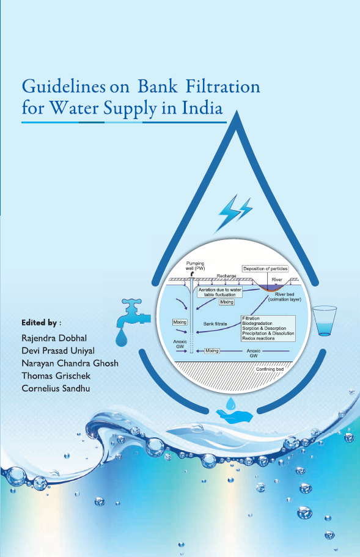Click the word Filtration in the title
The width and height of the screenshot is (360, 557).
point(223,86)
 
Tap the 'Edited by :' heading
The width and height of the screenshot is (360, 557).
point(41,322)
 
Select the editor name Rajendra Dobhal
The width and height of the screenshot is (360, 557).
point(54,338)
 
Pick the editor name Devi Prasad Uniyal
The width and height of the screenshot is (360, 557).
point(58,351)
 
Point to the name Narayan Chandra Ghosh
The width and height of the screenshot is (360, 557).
point(70,363)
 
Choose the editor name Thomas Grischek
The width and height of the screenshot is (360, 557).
point(56,376)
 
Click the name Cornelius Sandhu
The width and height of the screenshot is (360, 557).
point(56,388)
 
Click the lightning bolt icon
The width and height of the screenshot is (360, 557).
point(235,213)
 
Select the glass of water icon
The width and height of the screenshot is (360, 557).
point(324,321)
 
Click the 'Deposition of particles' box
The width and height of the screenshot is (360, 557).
point(265,269)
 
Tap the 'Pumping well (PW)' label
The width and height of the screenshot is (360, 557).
point(195,266)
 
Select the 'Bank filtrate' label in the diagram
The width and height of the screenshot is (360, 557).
point(215,324)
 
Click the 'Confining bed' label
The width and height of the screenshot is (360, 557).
point(270,369)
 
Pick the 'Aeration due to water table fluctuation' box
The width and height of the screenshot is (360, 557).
point(219,292)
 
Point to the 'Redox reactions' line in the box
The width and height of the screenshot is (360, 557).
point(259,338)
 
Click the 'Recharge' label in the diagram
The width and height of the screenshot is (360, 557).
point(226,276)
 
